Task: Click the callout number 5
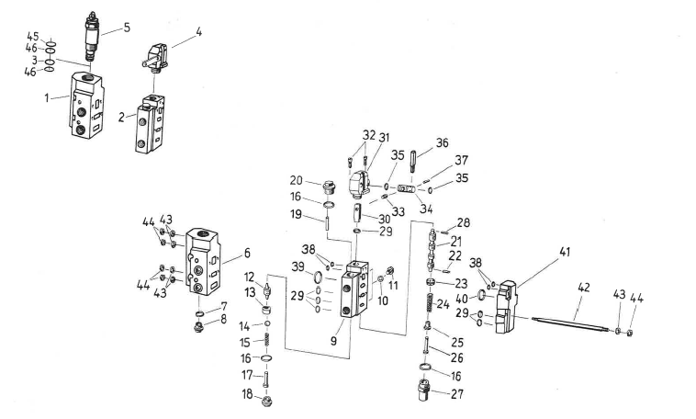pos(127,27)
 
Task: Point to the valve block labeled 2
pos(150,131)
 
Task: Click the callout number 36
pos(443,143)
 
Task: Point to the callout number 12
pos(249,276)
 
